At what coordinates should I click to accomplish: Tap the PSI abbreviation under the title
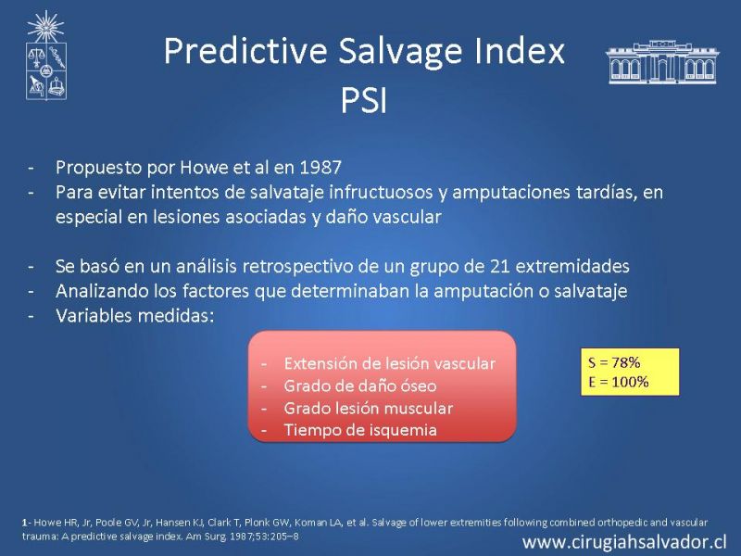point(364,101)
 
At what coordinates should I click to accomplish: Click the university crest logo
point(45,56)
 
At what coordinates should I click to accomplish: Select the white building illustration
point(662,62)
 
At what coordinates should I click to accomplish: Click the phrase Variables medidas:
point(134,315)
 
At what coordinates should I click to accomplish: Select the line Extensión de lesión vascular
point(389,363)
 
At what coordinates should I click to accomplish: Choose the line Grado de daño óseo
point(360,386)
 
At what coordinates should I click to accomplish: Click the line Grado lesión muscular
point(368,408)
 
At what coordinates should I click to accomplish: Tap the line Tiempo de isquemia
point(360,430)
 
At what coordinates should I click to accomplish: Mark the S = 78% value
point(614,362)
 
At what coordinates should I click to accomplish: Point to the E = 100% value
point(619,382)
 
